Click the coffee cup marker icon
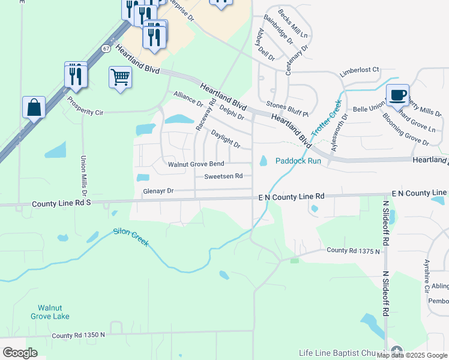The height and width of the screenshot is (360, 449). point(397,95)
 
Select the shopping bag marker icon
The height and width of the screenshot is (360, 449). point(34,108)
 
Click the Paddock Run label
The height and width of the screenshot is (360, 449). point(298,161)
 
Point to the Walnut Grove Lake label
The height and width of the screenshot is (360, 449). point(50,312)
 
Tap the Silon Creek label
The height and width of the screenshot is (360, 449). point(131,238)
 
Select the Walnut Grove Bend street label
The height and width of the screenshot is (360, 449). point(196,164)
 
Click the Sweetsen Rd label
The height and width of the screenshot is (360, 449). point(223,176)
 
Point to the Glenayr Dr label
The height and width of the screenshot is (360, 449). point(158,191)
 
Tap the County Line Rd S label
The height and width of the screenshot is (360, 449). point(62,203)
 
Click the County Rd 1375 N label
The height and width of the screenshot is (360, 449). point(354,250)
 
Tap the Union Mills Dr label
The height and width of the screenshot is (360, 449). point(83,176)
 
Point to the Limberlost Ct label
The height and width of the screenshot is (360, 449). point(360,70)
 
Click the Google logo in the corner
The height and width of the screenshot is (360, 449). point(20,353)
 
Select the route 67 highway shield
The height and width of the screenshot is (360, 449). point(106,48)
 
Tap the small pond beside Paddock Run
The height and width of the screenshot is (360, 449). point(263,161)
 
